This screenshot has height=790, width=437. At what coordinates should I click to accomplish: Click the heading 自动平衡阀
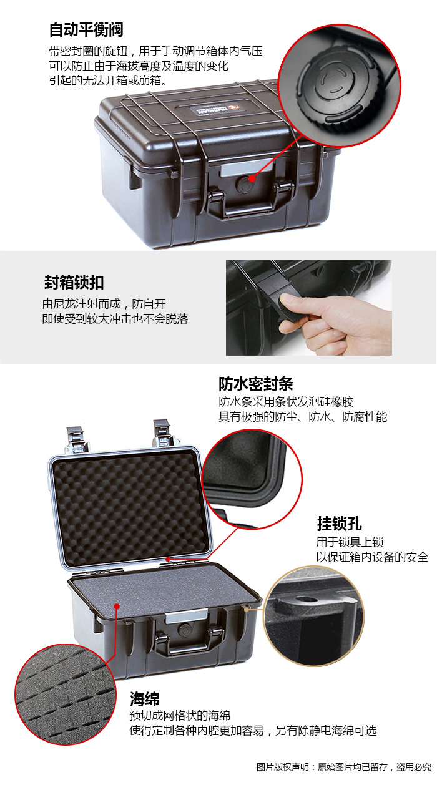[x=86, y=29]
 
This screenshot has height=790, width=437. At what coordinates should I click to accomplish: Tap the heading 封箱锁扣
[x=74, y=283]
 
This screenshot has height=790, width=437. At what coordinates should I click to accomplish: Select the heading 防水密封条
[x=256, y=384]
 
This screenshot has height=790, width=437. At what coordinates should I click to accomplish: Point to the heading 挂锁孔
[x=340, y=524]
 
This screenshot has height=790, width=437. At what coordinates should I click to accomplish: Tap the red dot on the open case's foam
[x=117, y=606]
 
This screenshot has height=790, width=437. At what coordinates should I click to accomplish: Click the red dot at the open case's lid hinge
[x=168, y=559]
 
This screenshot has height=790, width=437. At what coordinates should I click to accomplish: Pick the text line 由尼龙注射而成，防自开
[x=104, y=304]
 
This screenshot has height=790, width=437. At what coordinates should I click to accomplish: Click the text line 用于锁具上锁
[x=350, y=542]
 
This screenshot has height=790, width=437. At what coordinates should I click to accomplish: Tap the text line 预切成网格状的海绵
[x=180, y=716]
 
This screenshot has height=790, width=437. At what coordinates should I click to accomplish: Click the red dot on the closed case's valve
[x=252, y=178]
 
